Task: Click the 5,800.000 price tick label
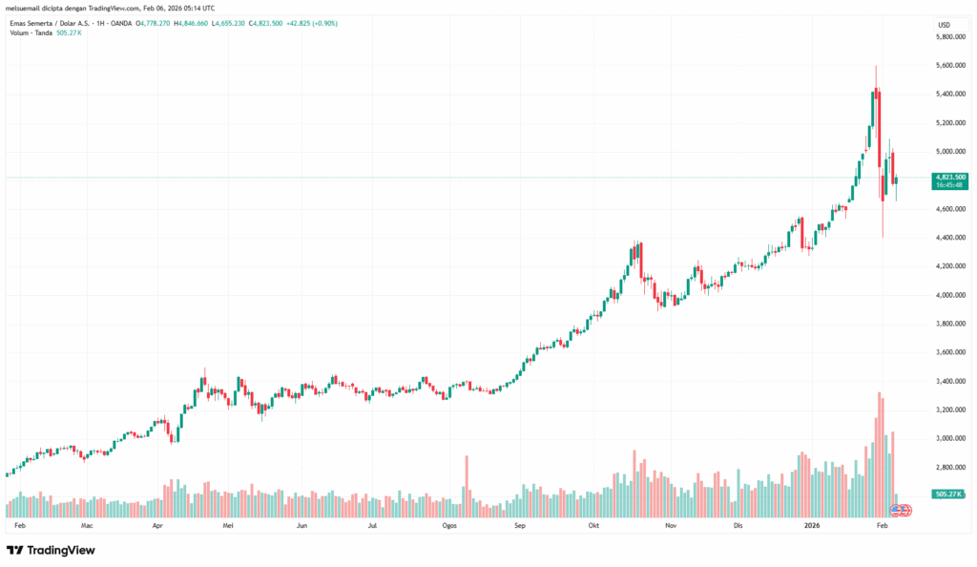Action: [950, 36]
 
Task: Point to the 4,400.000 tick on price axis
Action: [950, 237]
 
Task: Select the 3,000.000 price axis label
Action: [950, 438]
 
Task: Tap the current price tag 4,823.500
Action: [950, 177]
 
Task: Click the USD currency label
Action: [944, 24]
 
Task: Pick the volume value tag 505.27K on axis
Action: [950, 494]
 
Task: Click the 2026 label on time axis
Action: [812, 525]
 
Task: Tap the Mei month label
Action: [228, 525]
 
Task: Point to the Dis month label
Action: [738, 525]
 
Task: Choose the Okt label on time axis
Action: [593, 525]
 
